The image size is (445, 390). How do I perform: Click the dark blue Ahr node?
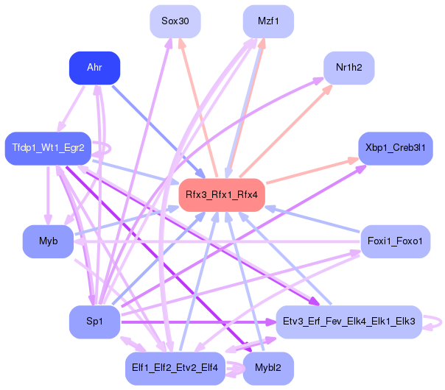coord(94,68)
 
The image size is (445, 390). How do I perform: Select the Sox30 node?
coord(175,21)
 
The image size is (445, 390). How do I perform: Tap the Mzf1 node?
coord(268,21)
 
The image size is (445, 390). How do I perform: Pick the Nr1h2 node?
coord(348,68)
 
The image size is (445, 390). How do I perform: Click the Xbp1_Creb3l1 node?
coord(396,148)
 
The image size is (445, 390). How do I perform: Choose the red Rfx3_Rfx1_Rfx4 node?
coord(222,195)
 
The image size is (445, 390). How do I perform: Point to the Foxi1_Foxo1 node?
coord(396,241)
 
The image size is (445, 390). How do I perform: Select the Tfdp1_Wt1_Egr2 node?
coord(48,148)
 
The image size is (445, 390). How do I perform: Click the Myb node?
coord(48,241)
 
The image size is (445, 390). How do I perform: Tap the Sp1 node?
coord(94,322)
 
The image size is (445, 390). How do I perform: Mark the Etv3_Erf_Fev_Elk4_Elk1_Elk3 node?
coord(348,322)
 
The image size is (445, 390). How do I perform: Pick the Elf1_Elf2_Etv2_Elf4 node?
coord(175,369)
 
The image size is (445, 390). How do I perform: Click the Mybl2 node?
coord(268,369)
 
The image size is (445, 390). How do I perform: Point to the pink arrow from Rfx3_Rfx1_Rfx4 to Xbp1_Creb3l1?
coord(312,171)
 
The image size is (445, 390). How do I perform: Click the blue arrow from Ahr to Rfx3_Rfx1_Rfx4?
coord(158,132)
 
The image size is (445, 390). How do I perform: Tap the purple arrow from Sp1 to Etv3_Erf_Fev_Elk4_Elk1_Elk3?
coord(199,322)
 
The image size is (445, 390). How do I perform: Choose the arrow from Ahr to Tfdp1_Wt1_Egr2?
coord(71,109)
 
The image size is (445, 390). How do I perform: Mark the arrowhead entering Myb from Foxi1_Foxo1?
coord(78,242)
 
